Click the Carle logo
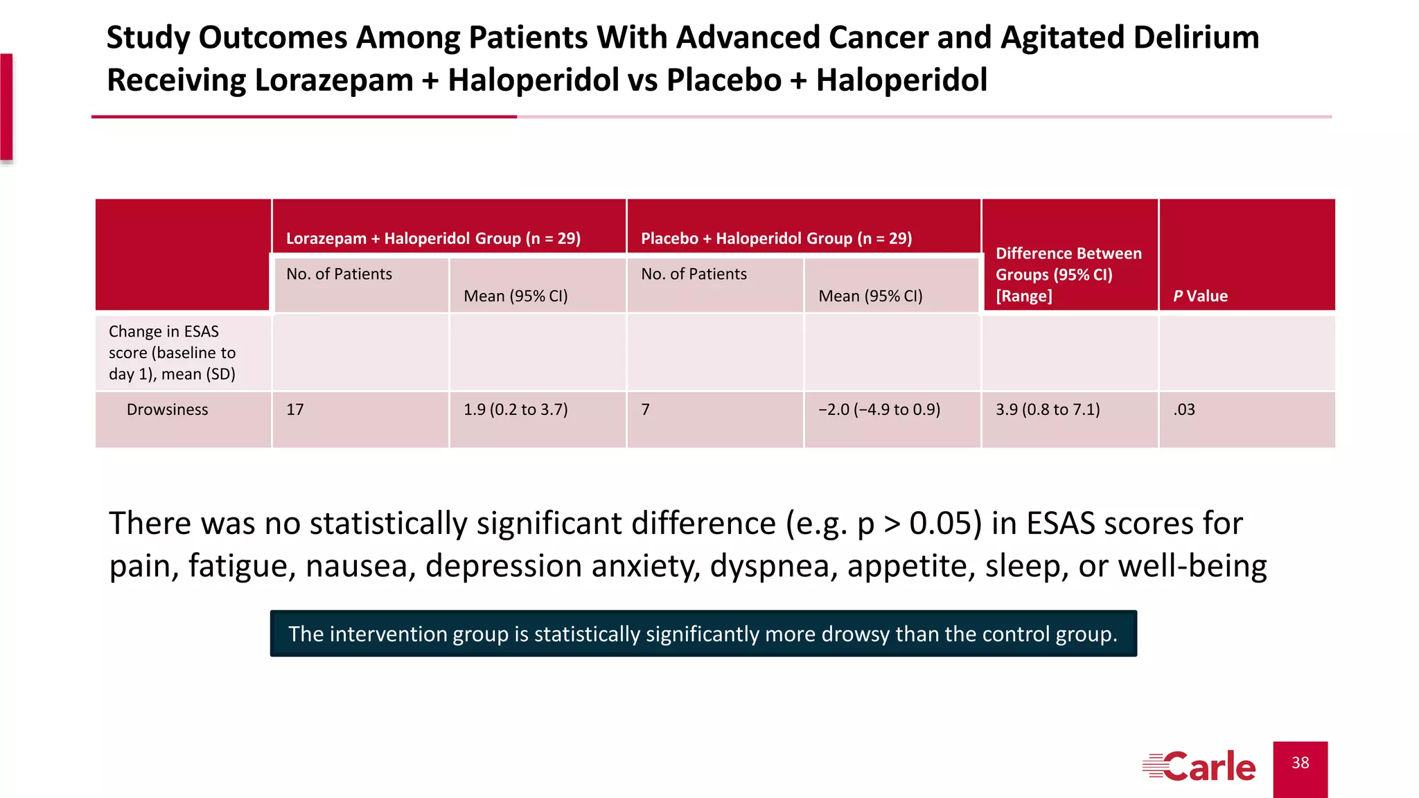click(1199, 767)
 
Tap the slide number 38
click(1300, 763)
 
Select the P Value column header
click(1200, 296)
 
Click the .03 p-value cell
click(1184, 409)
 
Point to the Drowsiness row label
click(167, 409)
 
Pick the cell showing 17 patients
click(295, 409)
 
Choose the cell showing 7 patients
click(645, 409)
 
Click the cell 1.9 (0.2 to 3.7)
click(515, 409)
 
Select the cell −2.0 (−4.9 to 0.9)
click(879, 409)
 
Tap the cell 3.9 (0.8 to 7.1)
click(1048, 409)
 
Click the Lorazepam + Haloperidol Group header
click(433, 238)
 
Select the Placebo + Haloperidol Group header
click(776, 238)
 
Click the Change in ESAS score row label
click(173, 353)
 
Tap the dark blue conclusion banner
click(703, 634)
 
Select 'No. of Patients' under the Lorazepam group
click(339, 274)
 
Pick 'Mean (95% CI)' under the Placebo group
click(870, 296)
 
